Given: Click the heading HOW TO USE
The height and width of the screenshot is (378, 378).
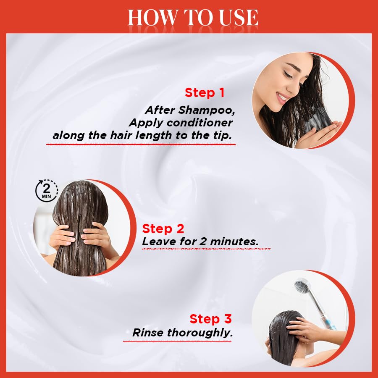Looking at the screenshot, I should point(193,18).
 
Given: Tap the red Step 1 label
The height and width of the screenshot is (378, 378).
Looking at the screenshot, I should point(205,93).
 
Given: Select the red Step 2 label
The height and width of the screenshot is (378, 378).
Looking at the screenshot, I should point(163,229).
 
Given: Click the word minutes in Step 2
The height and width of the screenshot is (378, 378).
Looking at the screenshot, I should point(236,241).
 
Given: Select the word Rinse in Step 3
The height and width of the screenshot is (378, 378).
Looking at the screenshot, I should point(148,333).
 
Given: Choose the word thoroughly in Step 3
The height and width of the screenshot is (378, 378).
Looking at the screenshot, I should point(200,333).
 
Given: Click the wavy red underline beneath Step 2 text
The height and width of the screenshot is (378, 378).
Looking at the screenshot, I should point(206,249).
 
